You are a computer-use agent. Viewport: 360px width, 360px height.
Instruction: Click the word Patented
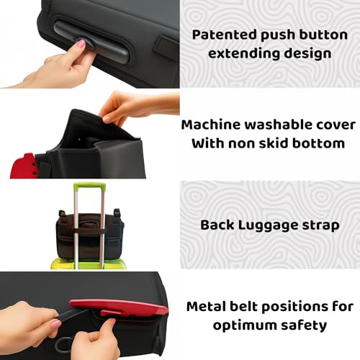[225, 35]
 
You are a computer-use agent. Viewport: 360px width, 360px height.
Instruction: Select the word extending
[243, 53]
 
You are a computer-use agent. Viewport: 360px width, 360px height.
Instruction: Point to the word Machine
[211, 125]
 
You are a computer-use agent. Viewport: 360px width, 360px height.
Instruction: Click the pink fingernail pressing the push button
[81, 43]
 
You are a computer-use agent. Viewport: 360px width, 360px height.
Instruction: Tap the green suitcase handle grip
[89, 186]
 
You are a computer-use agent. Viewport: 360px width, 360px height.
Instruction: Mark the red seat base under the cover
[23, 166]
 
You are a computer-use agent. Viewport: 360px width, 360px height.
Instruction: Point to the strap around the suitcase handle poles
[89, 232]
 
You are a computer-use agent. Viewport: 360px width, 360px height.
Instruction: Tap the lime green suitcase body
[89, 264]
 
